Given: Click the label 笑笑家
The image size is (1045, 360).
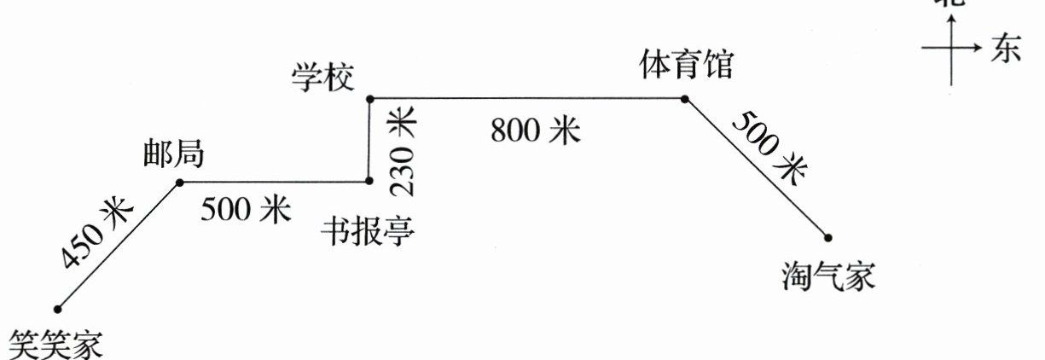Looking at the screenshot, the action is point(55,345).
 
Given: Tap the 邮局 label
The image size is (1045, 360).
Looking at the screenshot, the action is point(174,154).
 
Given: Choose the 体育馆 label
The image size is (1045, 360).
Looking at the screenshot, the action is point(686,66).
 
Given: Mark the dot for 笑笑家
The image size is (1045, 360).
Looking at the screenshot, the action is point(58,308).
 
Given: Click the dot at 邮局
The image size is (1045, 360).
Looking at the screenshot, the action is point(179,183).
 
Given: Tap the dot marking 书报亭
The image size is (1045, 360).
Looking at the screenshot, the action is point(369,181).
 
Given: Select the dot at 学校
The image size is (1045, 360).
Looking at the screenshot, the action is point(369,100).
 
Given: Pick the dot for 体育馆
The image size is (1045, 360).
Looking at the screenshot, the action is point(685,99).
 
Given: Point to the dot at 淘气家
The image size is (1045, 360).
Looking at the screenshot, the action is point(827,237).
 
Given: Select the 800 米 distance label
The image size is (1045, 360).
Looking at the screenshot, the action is point(535,131).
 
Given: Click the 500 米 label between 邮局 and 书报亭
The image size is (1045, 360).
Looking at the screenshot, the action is point(246,209).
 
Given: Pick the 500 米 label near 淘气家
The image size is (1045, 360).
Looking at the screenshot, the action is point(767,147).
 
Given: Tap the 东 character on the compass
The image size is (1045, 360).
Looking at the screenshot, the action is point(1006,50).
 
